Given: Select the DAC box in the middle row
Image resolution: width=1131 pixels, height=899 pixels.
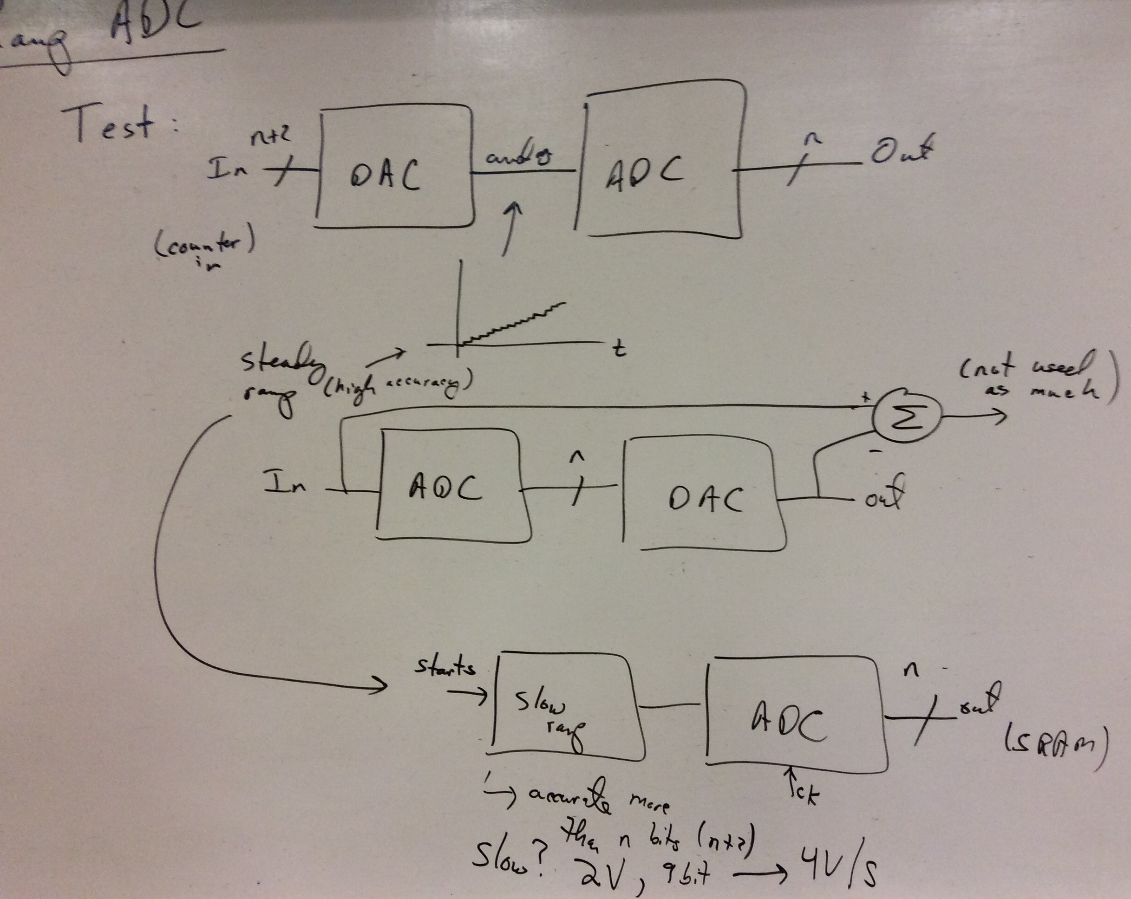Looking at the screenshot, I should [x=703, y=498].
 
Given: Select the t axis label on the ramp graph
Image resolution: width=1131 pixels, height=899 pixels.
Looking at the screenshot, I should [x=619, y=349].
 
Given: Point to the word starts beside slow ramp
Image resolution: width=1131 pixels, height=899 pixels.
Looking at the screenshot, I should [x=445, y=667].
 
